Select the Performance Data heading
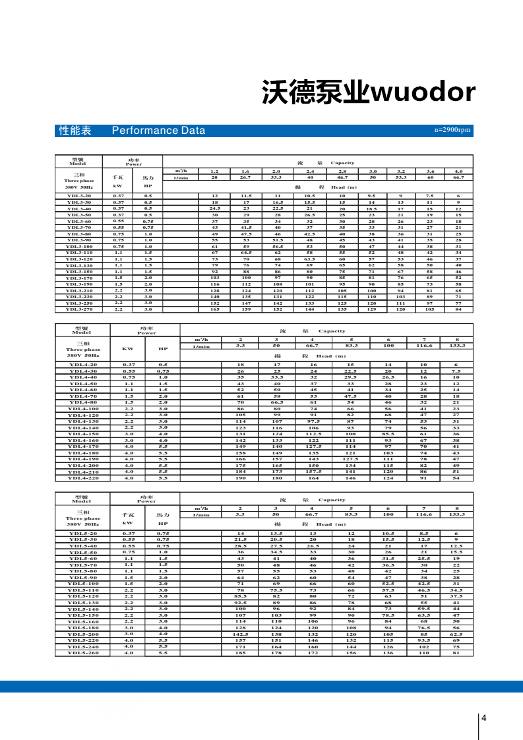point(158,131)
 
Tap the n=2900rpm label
point(453,131)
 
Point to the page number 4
point(484,718)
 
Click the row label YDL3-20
point(78,196)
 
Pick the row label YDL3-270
point(78,309)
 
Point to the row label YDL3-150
point(78,271)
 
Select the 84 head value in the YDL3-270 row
point(458,309)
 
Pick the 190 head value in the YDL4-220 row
point(240,478)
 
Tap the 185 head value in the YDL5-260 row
point(240,653)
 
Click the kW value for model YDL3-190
point(118,284)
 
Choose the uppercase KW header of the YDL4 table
point(128,349)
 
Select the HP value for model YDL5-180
point(163,628)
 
